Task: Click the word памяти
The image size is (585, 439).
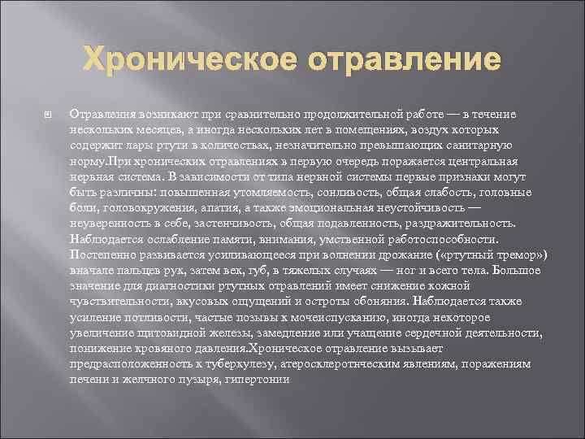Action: pyautogui.click(x=246, y=239)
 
